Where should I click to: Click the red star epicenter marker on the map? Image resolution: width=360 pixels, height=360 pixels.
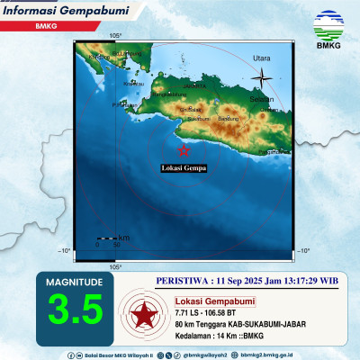click(184, 149)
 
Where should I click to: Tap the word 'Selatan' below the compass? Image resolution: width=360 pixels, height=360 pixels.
click(261, 98)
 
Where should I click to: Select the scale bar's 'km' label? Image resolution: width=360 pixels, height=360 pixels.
click(123, 237)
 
